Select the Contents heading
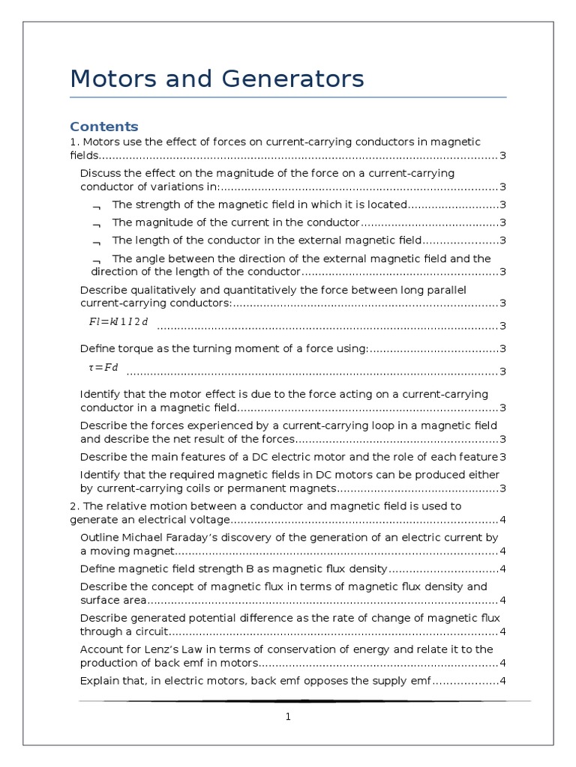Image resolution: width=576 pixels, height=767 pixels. tap(103, 126)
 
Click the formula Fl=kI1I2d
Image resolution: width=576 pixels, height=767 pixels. tap(118, 322)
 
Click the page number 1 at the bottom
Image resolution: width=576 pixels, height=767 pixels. tap(287, 717)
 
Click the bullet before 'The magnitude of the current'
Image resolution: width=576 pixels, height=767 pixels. tap(96, 224)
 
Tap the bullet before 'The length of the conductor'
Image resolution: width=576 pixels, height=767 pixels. tap(96, 242)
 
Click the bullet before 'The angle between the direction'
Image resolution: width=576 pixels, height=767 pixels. tap(96, 260)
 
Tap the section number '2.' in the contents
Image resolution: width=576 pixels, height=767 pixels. tap(74, 506)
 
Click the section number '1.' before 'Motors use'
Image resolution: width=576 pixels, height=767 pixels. tap(74, 142)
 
